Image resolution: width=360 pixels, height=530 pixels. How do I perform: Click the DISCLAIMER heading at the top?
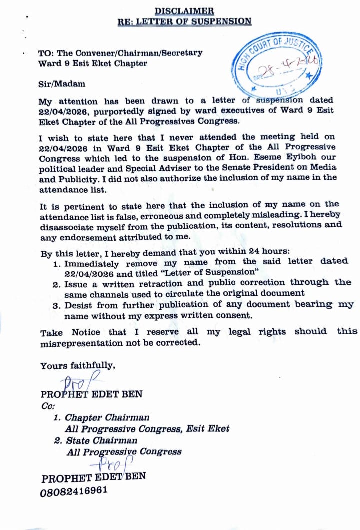[184, 11]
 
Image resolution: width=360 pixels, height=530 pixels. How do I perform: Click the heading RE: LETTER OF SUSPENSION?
[184, 21]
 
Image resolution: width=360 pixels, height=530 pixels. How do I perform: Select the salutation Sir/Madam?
[62, 84]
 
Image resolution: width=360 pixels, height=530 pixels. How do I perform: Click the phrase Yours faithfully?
[77, 366]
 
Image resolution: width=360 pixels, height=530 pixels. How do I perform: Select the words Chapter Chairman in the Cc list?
[107, 417]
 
